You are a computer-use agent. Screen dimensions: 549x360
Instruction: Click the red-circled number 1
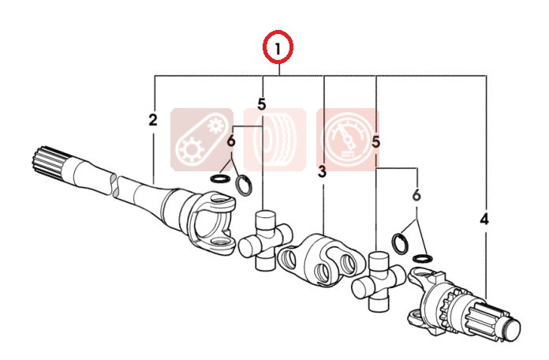(x=278, y=49)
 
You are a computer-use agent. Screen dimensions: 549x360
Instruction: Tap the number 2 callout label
(x=153, y=120)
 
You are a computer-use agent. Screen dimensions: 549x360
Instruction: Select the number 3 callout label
(x=322, y=171)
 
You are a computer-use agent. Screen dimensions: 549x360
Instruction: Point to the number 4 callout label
(x=484, y=219)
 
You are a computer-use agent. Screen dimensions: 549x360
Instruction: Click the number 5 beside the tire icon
(x=262, y=104)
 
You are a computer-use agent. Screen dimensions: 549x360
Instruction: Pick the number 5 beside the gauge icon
(x=375, y=143)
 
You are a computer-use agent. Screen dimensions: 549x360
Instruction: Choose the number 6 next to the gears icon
(x=231, y=141)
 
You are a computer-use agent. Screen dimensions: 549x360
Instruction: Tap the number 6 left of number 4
(x=416, y=195)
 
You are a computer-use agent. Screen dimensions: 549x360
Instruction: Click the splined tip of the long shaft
(x=48, y=162)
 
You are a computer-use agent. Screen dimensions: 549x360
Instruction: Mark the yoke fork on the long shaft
(x=210, y=221)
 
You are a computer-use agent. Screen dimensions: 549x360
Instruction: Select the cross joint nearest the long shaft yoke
(x=266, y=241)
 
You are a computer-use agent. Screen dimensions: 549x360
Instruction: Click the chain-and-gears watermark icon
(x=202, y=140)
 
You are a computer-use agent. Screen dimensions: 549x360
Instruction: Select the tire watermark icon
(x=274, y=140)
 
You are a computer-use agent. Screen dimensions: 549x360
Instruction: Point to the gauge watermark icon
(x=348, y=140)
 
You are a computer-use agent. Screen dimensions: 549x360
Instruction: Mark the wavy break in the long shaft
(x=115, y=184)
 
